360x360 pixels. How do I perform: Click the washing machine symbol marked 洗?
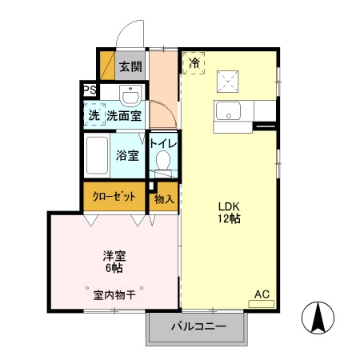coord(94,116)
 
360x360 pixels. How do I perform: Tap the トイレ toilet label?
coord(164,143)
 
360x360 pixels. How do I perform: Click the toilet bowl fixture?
coord(164,162)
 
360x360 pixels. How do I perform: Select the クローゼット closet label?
coord(114,197)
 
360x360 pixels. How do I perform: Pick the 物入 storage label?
coord(164,198)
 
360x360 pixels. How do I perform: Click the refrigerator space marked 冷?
coord(194,62)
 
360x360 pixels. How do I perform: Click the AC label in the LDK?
coord(261,295)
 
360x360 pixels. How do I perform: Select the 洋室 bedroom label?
coord(113,256)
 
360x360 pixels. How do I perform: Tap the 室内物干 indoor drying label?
coord(114,295)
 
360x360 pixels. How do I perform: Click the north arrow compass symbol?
coord(318,319)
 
